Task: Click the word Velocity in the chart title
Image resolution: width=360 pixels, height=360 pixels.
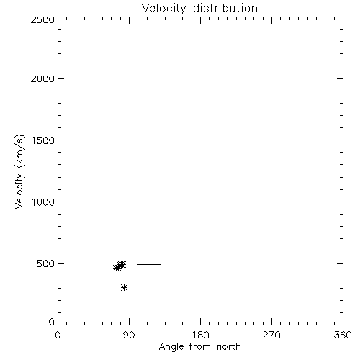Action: click(x=164, y=9)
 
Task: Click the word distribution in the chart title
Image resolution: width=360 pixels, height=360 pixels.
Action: click(x=225, y=8)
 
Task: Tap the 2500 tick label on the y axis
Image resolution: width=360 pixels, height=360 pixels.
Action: click(x=42, y=19)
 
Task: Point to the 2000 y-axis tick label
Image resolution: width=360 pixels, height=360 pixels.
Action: click(x=42, y=78)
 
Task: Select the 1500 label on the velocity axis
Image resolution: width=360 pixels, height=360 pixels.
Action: click(x=43, y=140)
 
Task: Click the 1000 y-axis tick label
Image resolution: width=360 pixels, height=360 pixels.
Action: click(x=43, y=202)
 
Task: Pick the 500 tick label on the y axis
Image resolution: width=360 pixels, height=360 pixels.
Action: click(x=46, y=264)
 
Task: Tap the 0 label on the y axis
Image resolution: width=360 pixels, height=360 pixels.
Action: click(x=52, y=322)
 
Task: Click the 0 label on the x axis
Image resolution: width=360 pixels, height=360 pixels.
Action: click(x=58, y=335)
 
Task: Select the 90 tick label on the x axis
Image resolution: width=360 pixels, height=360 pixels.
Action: click(x=129, y=335)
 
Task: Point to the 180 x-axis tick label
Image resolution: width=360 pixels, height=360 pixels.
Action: click(x=200, y=335)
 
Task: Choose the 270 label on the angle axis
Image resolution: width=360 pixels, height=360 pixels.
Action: click(x=271, y=335)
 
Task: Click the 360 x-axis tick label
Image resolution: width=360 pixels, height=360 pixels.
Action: click(x=343, y=335)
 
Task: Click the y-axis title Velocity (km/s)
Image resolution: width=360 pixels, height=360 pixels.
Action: click(x=19, y=171)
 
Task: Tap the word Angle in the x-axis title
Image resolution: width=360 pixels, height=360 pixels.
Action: click(x=171, y=347)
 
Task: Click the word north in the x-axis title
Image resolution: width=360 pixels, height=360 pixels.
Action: click(x=229, y=347)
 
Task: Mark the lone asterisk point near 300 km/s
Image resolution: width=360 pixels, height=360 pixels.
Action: click(x=124, y=287)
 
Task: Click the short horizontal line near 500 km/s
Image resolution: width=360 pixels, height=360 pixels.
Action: click(x=149, y=264)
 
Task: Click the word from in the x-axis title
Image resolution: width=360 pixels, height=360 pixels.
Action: click(x=200, y=347)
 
